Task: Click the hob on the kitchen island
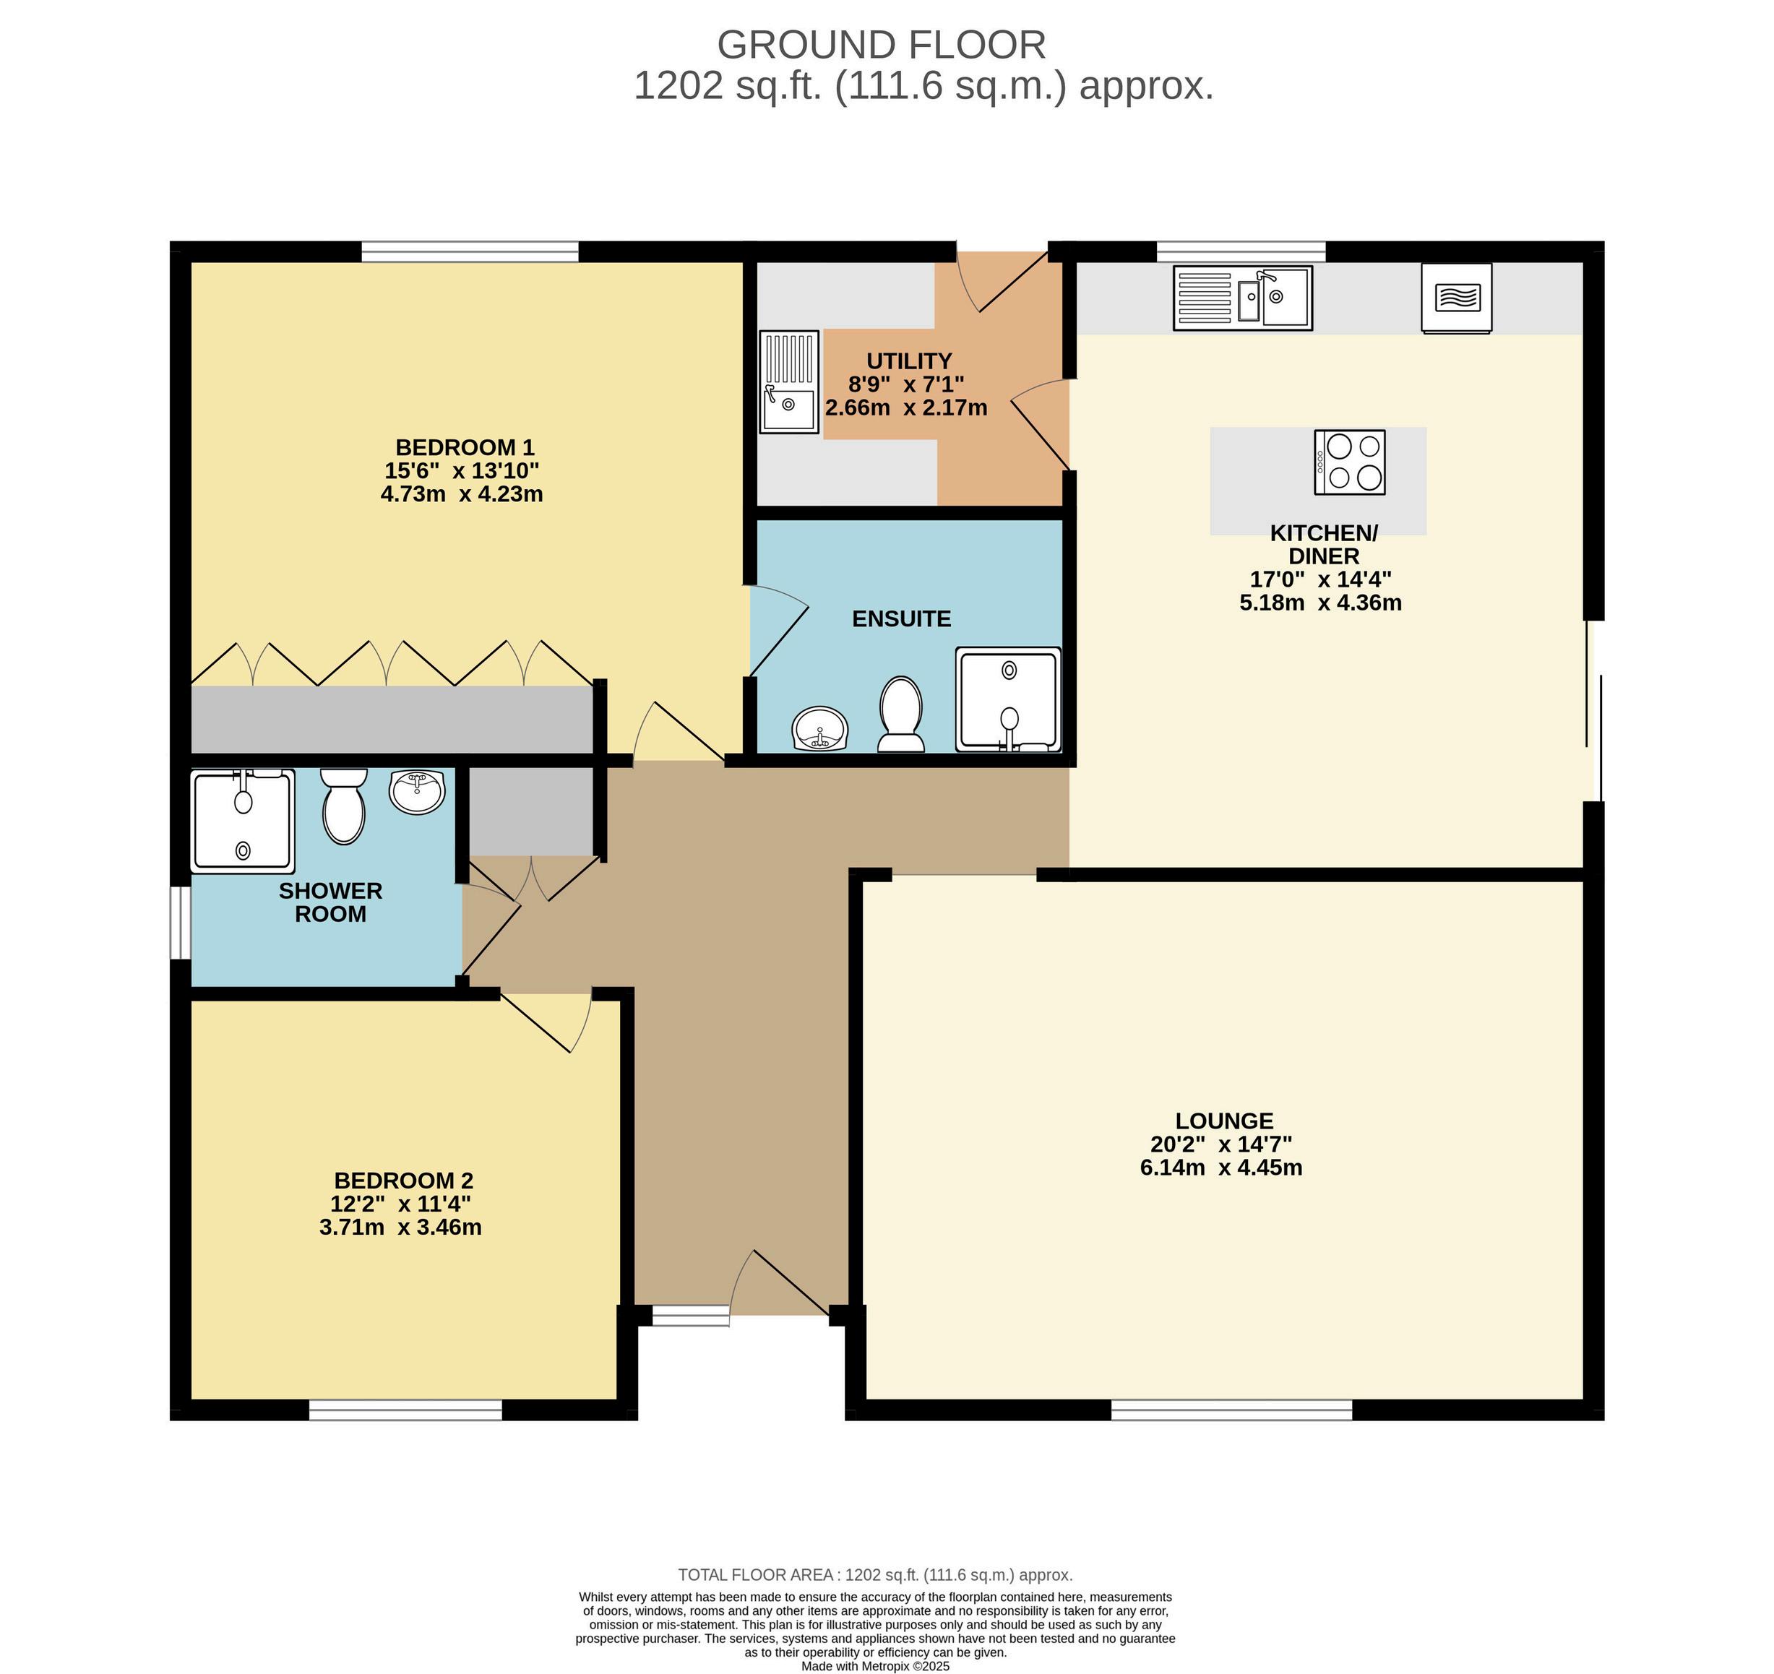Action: [1349, 462]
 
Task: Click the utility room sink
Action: [790, 382]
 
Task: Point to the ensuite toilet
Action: [900, 714]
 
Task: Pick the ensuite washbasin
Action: [819, 728]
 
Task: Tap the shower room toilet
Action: [343, 806]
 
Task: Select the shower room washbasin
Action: [417, 792]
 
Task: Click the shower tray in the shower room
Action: [244, 821]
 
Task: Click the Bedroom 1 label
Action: [464, 447]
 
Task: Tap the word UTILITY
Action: [909, 361]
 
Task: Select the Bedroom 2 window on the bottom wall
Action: [406, 1409]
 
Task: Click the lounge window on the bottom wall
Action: [1231, 1409]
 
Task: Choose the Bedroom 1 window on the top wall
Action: [470, 251]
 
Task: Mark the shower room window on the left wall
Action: [180, 923]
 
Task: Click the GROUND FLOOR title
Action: [882, 46]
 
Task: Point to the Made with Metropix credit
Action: [875, 1666]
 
